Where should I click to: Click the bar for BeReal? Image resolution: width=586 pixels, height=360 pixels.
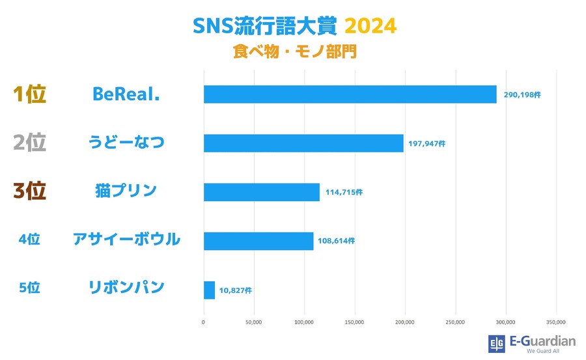pyautogui.click(x=350, y=94)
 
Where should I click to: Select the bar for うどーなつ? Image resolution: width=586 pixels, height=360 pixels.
pyautogui.click(x=303, y=143)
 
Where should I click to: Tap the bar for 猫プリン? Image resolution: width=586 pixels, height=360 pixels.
pyautogui.click(x=262, y=192)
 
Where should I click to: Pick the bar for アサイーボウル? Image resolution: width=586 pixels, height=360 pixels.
pyautogui.click(x=258, y=241)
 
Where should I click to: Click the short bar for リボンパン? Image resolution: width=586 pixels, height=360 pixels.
pyautogui.click(x=209, y=290)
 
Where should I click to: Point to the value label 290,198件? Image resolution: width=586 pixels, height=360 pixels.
pyautogui.click(x=522, y=95)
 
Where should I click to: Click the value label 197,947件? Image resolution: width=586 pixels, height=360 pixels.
pyautogui.click(x=427, y=144)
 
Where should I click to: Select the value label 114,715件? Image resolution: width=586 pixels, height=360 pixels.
pyautogui.click(x=344, y=193)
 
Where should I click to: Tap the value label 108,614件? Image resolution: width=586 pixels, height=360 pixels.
pyautogui.click(x=337, y=241)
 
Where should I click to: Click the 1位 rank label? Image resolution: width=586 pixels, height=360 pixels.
pyautogui.click(x=30, y=94)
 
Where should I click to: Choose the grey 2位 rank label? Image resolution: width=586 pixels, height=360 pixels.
pyautogui.click(x=30, y=143)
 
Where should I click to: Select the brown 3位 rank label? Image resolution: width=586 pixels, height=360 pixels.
pyautogui.click(x=30, y=191)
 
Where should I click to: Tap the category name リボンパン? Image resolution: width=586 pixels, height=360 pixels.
pyautogui.click(x=126, y=287)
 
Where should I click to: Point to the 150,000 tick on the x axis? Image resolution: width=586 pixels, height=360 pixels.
pyautogui.click(x=355, y=322)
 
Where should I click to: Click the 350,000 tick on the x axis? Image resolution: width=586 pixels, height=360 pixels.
pyautogui.click(x=556, y=322)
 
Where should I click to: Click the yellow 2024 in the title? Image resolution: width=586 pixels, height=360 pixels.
pyautogui.click(x=369, y=27)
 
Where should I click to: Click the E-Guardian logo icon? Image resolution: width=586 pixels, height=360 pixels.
pyautogui.click(x=496, y=344)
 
